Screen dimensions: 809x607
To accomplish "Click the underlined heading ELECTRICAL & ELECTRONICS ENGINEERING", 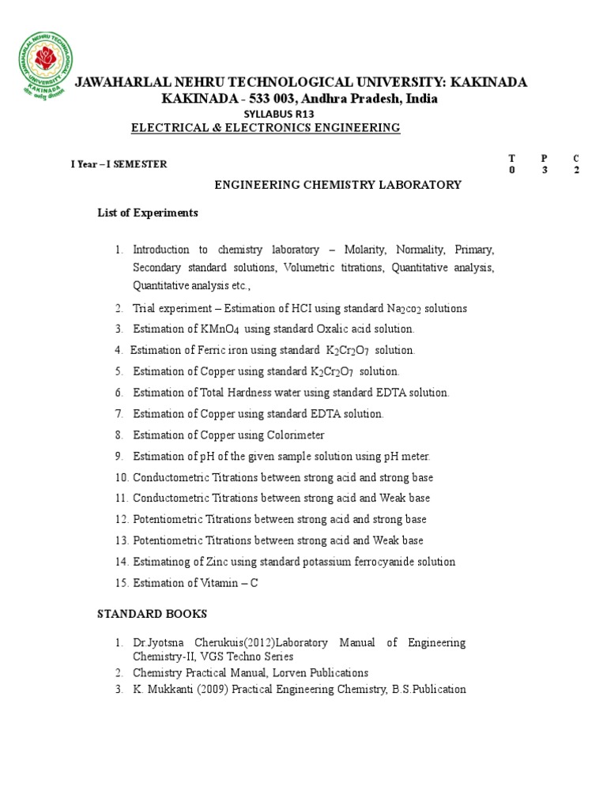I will pyautogui.click(x=266, y=128).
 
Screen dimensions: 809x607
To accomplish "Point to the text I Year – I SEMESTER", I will pyautogui.click(x=119, y=164).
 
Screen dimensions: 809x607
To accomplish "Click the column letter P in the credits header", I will pyautogui.click(x=544, y=158).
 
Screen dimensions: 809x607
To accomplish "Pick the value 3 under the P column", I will pyautogui.click(x=544, y=171).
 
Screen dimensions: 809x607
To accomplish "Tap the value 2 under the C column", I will pyautogui.click(x=577, y=171).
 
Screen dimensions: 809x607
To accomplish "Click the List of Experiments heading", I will pyautogui.click(x=148, y=213).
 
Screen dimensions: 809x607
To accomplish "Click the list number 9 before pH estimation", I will pyautogui.click(x=118, y=457).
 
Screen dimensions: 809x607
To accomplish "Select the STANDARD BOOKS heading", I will pyautogui.click(x=153, y=613).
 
